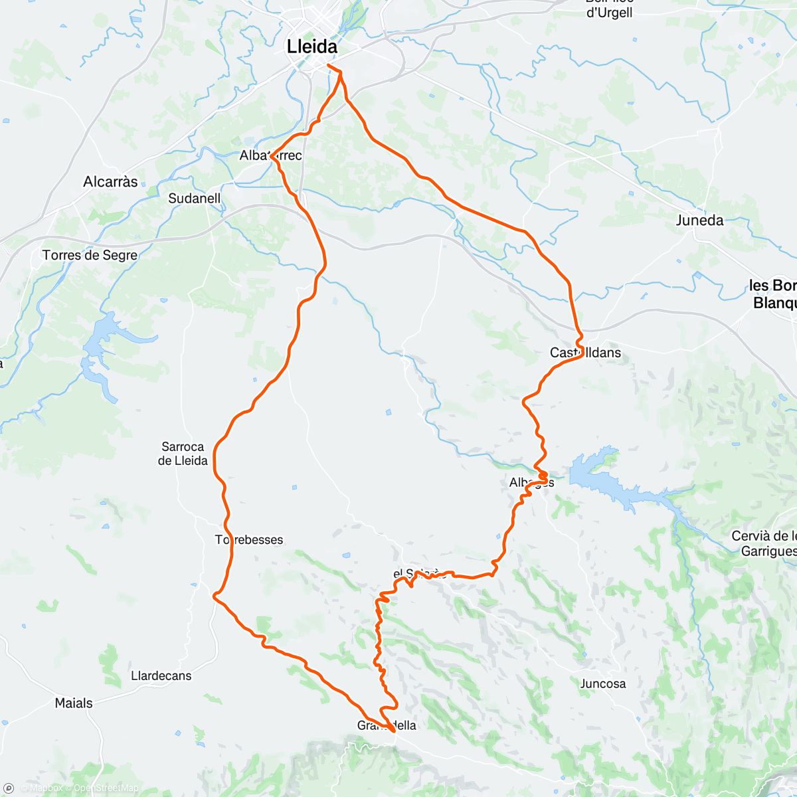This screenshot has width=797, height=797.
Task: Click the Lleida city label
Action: [x=311, y=46]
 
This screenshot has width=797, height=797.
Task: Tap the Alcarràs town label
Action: [x=110, y=182]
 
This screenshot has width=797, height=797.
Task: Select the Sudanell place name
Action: [x=194, y=199]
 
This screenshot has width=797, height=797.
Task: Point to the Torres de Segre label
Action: [x=90, y=255]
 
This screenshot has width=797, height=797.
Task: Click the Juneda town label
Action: [x=699, y=221]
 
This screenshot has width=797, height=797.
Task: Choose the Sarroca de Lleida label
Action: [x=183, y=454]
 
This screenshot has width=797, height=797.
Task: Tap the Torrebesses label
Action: [x=249, y=540]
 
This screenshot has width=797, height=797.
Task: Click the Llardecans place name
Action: [x=161, y=676]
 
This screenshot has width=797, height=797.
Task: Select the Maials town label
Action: [x=74, y=703]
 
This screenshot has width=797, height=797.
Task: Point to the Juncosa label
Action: [x=602, y=683]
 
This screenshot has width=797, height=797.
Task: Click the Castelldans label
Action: [x=585, y=353]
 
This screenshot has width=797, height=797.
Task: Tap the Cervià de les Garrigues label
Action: [x=764, y=543]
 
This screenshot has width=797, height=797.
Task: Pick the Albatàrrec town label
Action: [x=271, y=155]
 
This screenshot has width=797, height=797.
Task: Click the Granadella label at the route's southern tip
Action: [x=387, y=725]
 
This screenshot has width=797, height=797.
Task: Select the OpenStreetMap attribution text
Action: [x=106, y=788]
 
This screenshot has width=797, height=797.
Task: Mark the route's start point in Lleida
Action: [x=329, y=64]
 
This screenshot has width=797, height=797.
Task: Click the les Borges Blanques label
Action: [x=773, y=294]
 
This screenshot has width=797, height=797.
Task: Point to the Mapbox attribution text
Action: [x=45, y=788]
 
